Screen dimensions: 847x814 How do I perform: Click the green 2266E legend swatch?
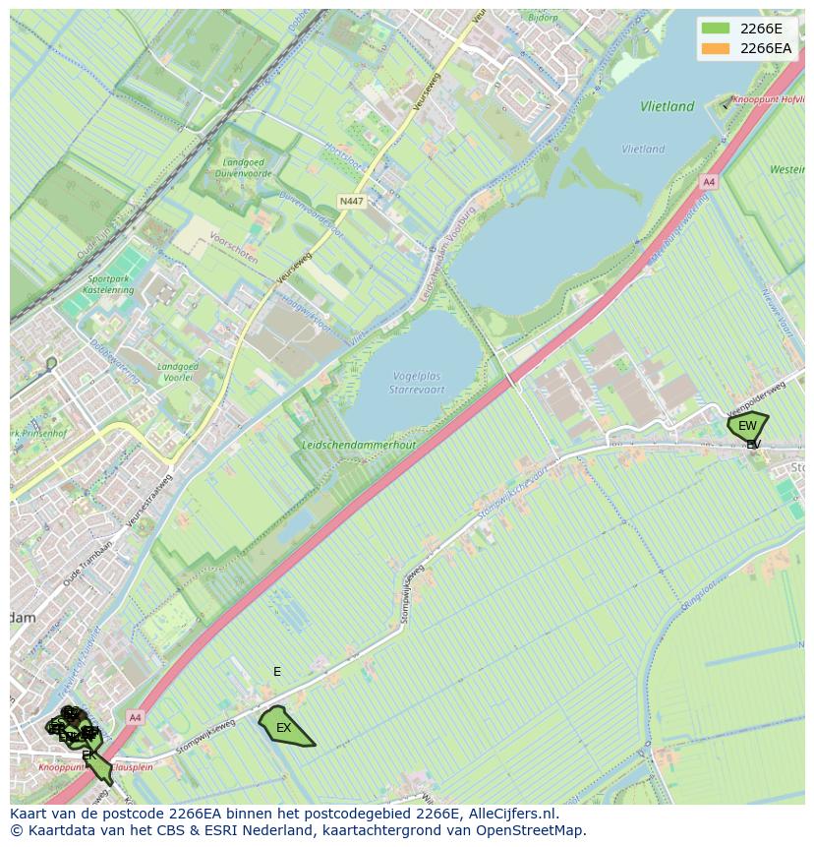tap(716, 29)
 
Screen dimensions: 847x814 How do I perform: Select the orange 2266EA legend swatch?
tap(716, 48)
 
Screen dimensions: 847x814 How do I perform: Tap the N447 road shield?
tap(351, 202)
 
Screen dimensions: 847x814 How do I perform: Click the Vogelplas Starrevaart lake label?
tap(418, 384)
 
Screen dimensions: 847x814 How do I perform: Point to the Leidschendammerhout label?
tap(359, 445)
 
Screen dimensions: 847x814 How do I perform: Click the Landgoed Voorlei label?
tap(178, 373)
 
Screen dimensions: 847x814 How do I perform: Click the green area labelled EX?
tap(284, 728)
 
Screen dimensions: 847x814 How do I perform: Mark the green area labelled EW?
tap(747, 426)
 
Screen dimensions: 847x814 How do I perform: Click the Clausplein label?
tap(131, 767)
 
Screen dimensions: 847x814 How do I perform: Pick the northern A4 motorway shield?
tap(709, 183)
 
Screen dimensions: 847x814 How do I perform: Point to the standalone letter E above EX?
tap(277, 672)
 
